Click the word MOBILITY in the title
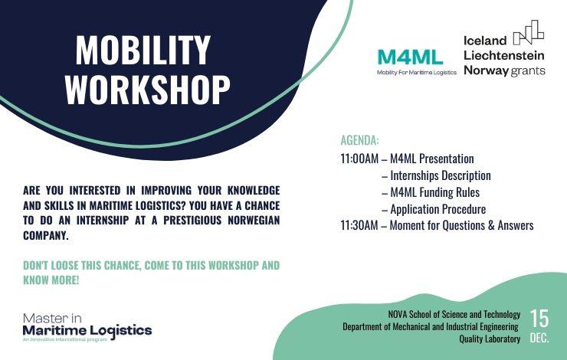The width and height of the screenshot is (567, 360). click(x=143, y=50)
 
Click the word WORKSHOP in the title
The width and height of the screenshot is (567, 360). click(x=148, y=90)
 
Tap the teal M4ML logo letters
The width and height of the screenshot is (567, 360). click(x=410, y=57)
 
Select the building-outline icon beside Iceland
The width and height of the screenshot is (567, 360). click(x=529, y=32)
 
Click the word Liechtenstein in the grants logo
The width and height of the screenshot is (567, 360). click(x=503, y=55)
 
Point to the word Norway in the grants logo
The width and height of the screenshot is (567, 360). click(x=486, y=70)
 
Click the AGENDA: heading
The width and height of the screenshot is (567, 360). click(x=359, y=140)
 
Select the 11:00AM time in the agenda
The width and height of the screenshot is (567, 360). click(x=359, y=159)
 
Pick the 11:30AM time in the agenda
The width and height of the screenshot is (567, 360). click(x=359, y=225)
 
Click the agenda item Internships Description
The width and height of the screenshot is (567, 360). click(x=441, y=175)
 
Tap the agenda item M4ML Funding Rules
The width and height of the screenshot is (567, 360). click(x=434, y=192)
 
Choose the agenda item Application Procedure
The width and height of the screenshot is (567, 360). click(x=438, y=209)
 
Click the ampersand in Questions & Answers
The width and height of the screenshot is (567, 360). click(x=491, y=225)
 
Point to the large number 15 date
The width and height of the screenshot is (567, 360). click(x=539, y=319)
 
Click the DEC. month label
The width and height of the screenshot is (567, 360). click(x=539, y=339)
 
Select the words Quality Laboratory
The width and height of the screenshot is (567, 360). click(x=490, y=339)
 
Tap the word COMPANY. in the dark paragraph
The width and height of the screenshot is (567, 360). click(x=45, y=236)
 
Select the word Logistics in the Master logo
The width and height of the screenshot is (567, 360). click(x=121, y=331)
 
